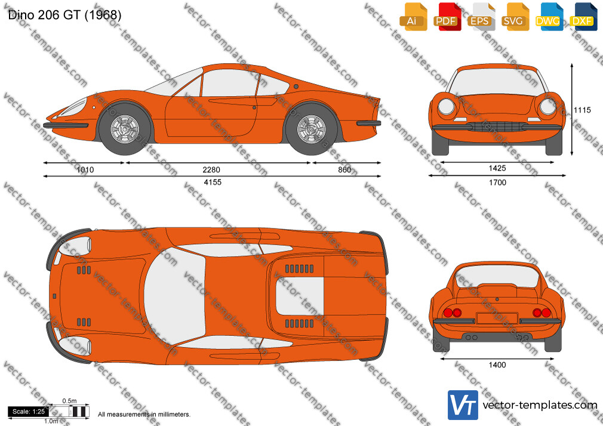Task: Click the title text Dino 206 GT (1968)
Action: (x=64, y=15)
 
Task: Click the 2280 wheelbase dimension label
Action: (x=211, y=169)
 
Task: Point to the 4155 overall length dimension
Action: (x=213, y=182)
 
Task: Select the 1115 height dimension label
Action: (x=582, y=110)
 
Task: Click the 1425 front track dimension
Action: (x=497, y=168)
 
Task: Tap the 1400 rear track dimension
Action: (x=497, y=365)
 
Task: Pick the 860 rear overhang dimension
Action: (x=344, y=169)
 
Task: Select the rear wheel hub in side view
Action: (x=311, y=129)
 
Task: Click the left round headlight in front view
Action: (x=446, y=106)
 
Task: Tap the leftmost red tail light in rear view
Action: (x=448, y=313)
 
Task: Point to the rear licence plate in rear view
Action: (x=497, y=319)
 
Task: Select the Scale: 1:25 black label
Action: (x=29, y=412)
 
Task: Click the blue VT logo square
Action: (x=463, y=405)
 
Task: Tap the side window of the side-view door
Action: (x=229, y=83)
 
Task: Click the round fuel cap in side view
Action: (x=296, y=87)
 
